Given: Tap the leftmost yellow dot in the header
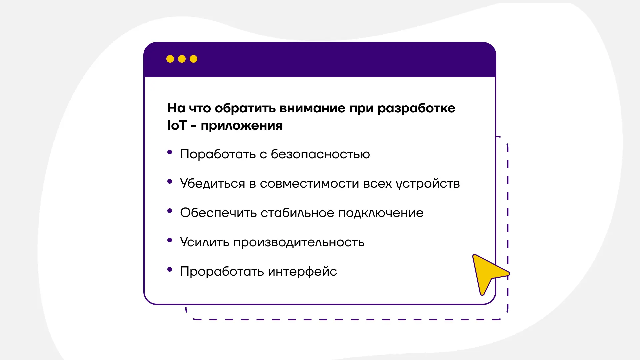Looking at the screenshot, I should point(170,59).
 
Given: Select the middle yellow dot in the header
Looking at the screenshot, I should point(182,59).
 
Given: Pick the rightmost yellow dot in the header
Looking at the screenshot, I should point(193,59).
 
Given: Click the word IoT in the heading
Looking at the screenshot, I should point(177,126).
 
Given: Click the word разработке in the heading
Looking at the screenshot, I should point(416,108).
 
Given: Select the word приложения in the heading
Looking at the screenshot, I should point(241,126).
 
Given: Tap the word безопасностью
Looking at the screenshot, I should point(320,154).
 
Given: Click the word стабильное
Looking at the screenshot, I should point(297,213).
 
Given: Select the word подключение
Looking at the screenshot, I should point(381,213).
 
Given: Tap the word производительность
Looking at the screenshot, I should point(299,242).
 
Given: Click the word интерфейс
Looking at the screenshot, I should point(302,271).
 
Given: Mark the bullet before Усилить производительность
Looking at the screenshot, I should point(170,240).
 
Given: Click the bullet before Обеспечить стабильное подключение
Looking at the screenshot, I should point(170,211).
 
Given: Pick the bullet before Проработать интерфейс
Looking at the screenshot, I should point(170,269).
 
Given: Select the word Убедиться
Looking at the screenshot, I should point(212,183).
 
